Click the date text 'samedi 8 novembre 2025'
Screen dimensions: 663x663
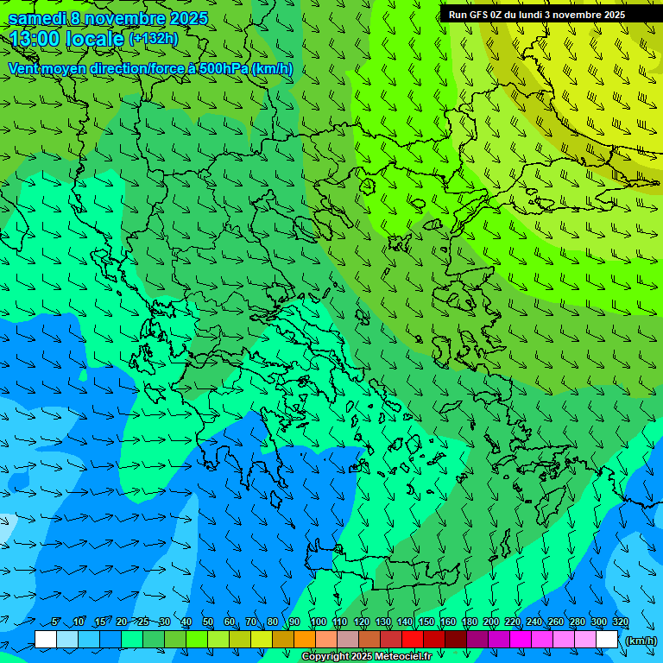(108, 17)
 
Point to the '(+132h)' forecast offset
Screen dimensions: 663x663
(153, 38)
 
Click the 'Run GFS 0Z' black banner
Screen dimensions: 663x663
(551, 14)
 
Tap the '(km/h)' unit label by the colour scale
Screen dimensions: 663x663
(641, 641)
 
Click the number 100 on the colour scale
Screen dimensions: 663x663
(319, 622)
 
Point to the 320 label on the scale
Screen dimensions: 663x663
(621, 622)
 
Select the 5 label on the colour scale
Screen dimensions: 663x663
(56, 622)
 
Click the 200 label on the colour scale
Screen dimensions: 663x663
(491, 622)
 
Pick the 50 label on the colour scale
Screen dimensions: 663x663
(208, 622)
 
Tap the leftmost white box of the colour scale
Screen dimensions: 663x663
(46, 640)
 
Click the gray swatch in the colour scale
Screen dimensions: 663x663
(348, 640)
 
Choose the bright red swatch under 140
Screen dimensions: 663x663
(413, 640)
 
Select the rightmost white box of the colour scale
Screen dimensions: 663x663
(607, 640)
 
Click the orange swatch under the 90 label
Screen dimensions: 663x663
(305, 640)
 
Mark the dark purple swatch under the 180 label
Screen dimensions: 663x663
(477, 640)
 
